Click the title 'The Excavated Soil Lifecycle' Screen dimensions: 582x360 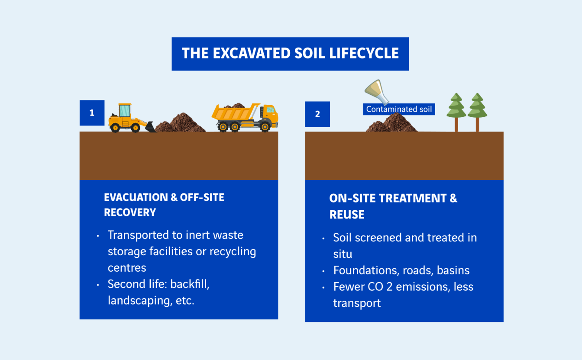290,53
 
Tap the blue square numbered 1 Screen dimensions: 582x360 92,113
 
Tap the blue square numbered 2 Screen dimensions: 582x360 317,114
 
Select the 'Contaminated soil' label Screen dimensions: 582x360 399,109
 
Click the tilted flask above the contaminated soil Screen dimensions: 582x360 376,92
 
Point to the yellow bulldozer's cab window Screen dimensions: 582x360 124,111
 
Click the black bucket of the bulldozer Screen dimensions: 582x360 150,127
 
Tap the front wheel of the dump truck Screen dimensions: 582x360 265,127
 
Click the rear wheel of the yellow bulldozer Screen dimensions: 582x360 115,128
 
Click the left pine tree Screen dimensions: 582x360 456,112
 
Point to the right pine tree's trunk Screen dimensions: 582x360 477,125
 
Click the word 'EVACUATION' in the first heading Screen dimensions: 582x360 136,197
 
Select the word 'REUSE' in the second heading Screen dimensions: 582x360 347,215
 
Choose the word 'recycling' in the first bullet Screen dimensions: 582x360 233,252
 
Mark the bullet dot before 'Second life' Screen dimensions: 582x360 98,285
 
